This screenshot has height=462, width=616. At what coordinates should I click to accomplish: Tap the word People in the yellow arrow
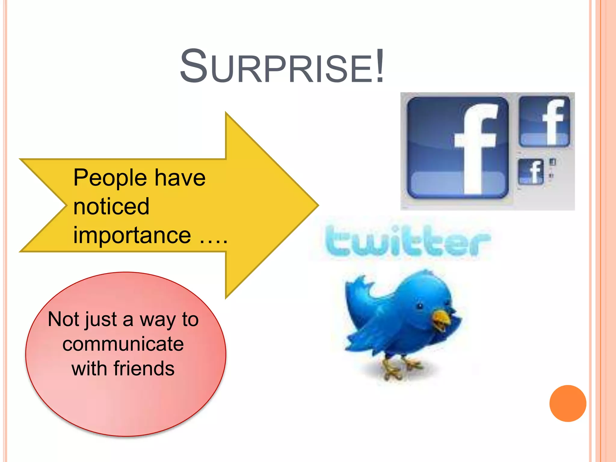110,178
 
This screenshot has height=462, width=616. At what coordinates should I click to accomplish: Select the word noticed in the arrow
111,207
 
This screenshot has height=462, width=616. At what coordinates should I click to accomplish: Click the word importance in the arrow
132,235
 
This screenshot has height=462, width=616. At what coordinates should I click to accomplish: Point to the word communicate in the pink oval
123,344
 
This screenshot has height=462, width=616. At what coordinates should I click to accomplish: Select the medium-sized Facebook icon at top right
544,122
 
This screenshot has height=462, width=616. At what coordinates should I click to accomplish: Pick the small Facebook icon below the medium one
531,172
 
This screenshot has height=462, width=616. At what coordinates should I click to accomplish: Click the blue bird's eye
420,306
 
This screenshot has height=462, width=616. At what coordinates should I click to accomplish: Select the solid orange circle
568,403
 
